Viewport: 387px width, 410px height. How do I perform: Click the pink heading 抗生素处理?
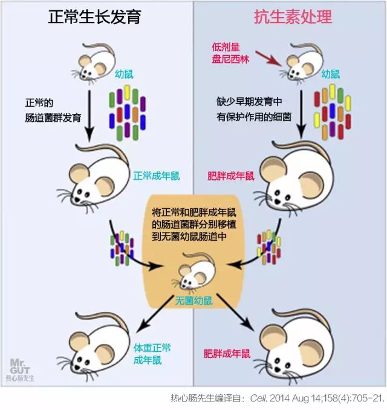(x=293, y=16)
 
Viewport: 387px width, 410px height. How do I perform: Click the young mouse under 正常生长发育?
(x=95, y=63)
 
